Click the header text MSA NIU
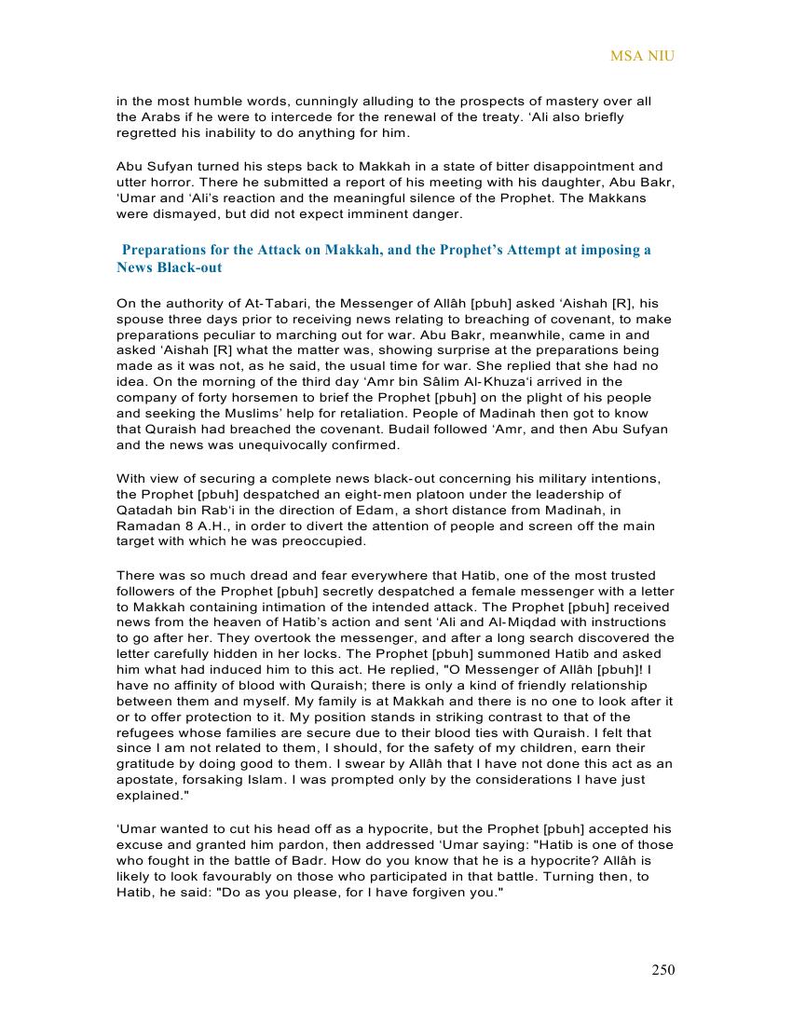click(x=642, y=56)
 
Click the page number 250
click(x=662, y=970)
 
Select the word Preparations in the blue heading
click(x=165, y=250)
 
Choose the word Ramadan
click(x=147, y=526)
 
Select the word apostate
click(x=144, y=779)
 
